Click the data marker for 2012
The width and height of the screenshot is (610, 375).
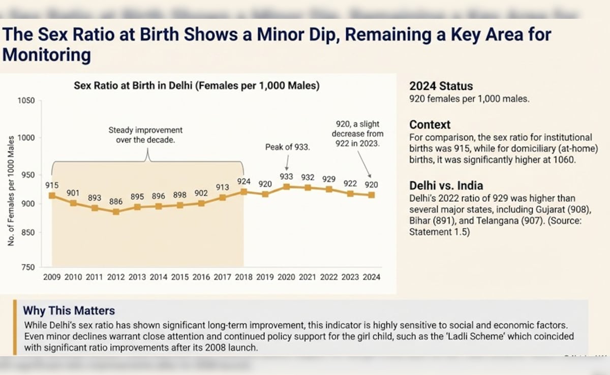pos(116,211)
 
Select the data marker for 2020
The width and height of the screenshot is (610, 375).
pos(287,186)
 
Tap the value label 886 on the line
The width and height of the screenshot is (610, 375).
pos(116,201)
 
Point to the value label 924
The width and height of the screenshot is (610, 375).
pos(243,180)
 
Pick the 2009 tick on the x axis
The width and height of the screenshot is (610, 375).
pos(52,277)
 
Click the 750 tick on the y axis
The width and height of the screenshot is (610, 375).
pos(28,267)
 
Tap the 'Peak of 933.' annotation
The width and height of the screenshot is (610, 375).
pos(288,147)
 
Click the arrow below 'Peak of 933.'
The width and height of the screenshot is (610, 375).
pos(287,163)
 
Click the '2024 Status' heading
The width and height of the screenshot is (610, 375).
pos(441,86)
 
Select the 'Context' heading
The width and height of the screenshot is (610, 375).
pos(430,124)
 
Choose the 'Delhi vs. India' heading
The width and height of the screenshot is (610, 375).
pos(446,185)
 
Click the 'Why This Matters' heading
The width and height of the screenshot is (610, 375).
pos(69,310)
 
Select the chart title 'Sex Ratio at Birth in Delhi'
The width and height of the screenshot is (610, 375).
pos(197,86)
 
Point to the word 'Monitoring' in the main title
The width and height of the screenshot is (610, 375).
pos(47,54)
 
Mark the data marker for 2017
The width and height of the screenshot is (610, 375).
pos(223,197)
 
